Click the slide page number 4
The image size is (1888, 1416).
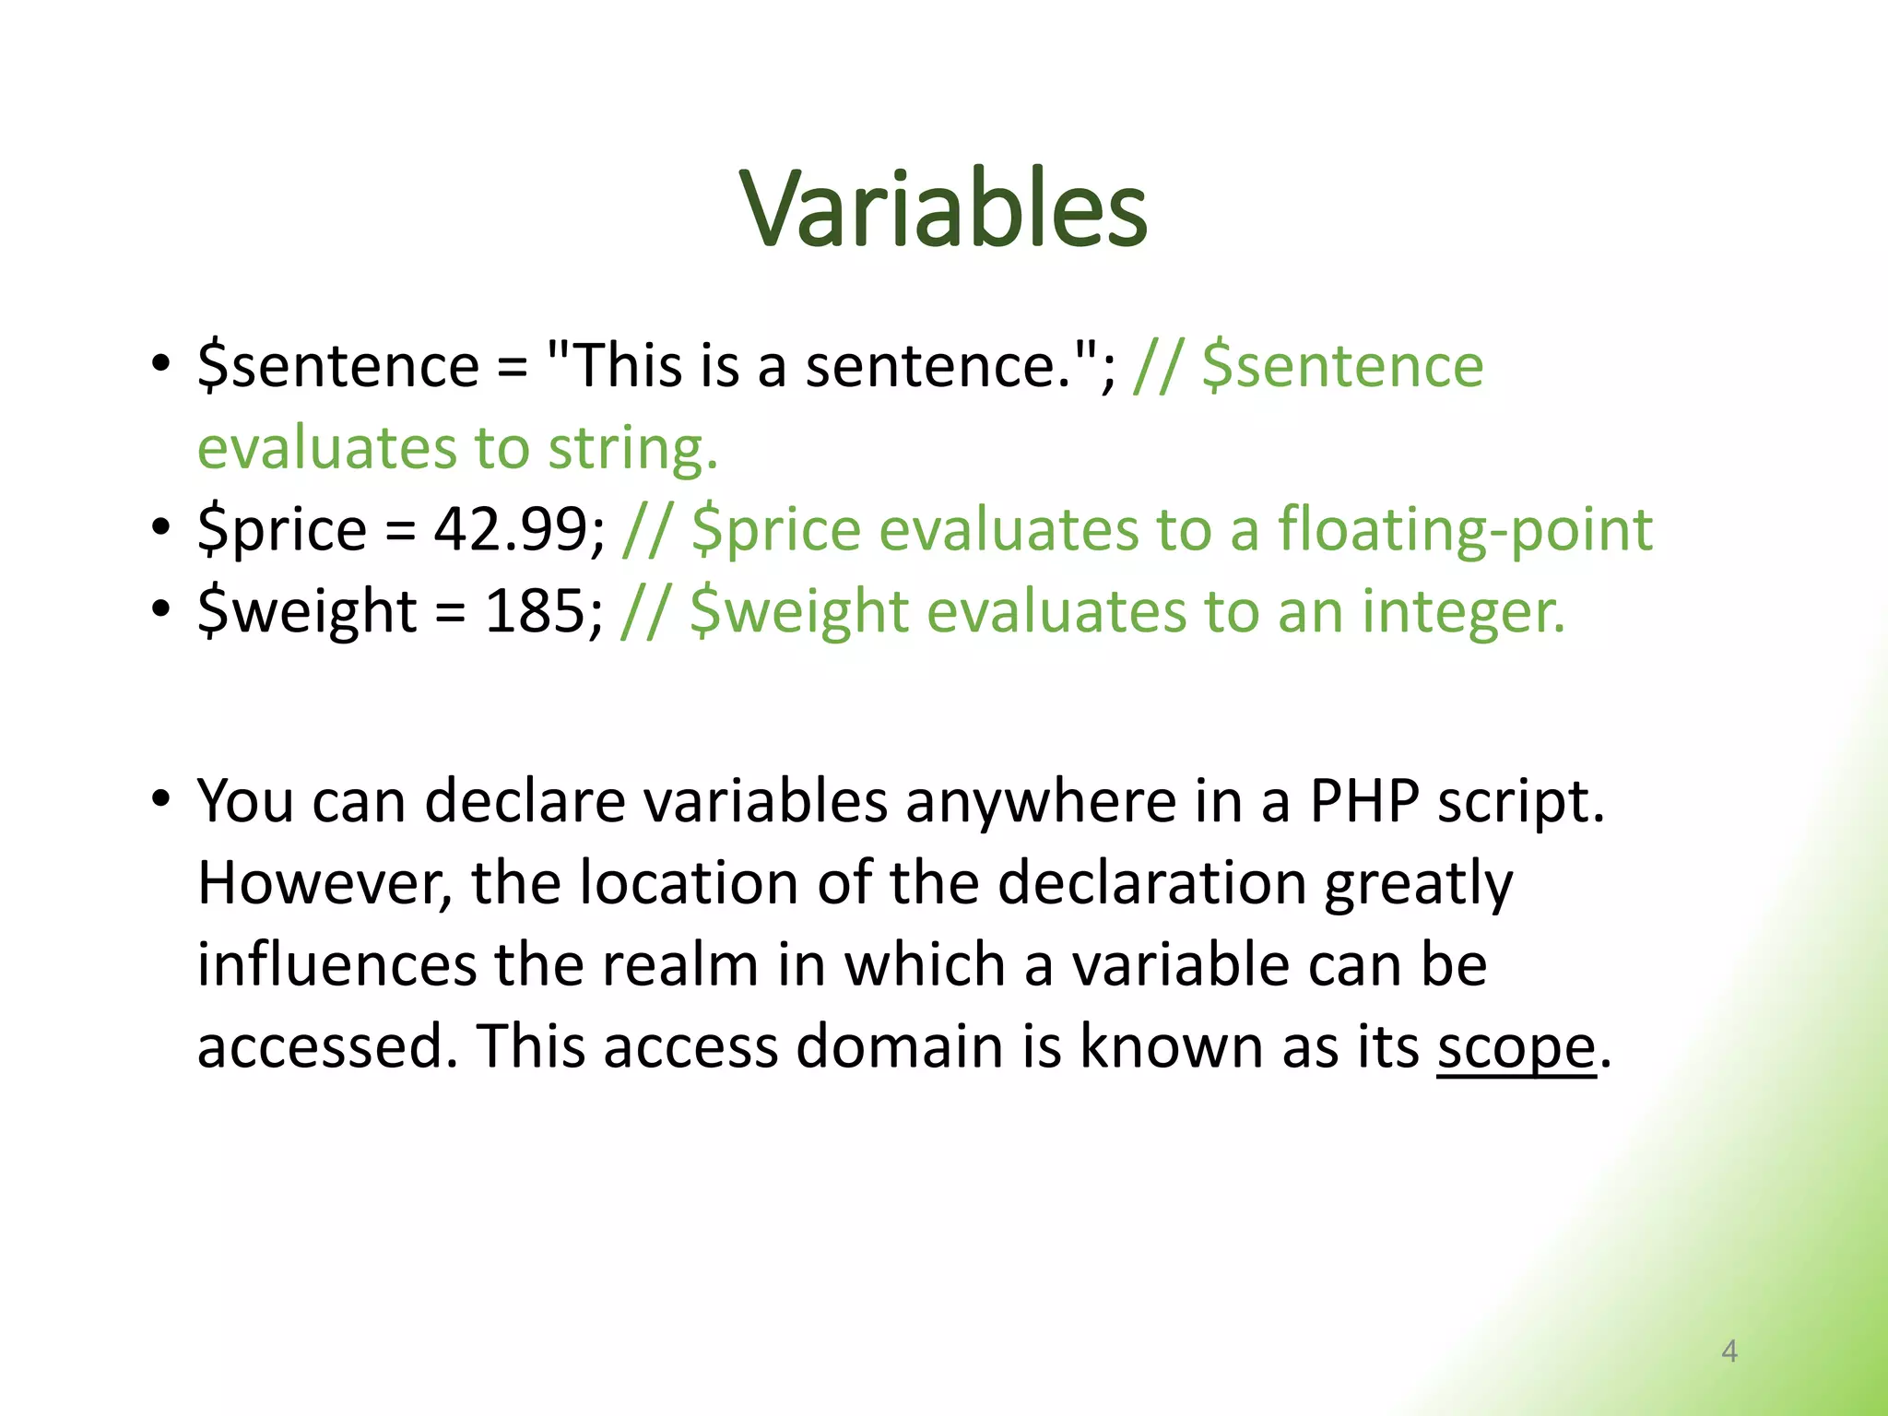click(1729, 1351)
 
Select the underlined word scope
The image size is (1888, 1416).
click(1516, 1049)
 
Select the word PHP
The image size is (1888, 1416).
click(1364, 801)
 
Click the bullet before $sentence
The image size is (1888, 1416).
click(161, 363)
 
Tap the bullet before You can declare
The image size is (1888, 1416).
click(161, 798)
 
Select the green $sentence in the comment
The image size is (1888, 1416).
click(1343, 367)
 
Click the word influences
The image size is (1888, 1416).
click(336, 965)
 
